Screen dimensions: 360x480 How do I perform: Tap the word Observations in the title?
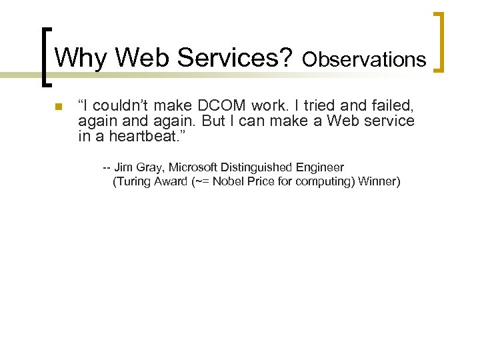364,60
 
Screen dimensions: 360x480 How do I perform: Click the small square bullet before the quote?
58,107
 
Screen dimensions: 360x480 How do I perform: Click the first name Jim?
123,167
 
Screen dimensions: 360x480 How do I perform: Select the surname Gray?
149,167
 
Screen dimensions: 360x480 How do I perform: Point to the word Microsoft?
191,167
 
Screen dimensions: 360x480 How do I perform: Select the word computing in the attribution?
322,182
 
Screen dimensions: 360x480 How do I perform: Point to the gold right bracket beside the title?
439,42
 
